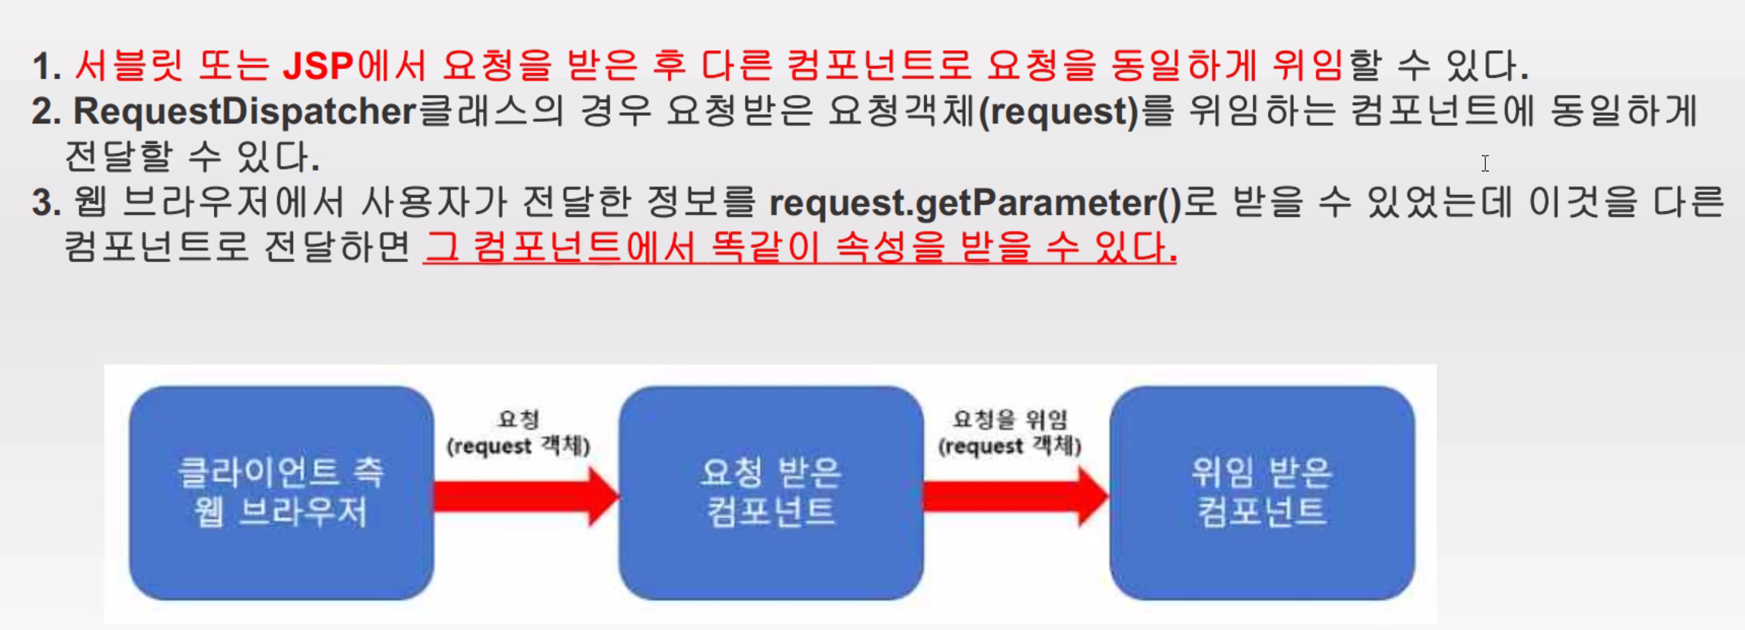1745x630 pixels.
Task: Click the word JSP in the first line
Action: (318, 66)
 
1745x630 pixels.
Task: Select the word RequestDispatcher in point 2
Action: (244, 111)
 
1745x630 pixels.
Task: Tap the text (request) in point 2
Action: (1059, 111)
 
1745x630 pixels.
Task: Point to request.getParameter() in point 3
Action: (975, 203)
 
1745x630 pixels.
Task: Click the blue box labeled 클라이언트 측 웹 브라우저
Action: (281, 493)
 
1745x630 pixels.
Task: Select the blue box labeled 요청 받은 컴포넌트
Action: (771, 493)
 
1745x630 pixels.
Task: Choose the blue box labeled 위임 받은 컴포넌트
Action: (1261, 493)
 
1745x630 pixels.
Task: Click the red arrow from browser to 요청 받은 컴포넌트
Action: (526, 497)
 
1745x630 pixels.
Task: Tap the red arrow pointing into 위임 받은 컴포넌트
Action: (1015, 497)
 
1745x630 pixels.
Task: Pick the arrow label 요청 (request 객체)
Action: (519, 432)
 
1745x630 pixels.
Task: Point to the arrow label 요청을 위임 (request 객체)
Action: (1010, 432)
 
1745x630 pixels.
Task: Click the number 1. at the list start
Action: (46, 66)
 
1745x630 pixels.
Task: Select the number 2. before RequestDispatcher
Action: (46, 112)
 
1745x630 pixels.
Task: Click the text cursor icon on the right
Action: (1485, 163)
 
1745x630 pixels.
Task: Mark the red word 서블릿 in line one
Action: (129, 66)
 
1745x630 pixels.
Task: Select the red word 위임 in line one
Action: (1307, 66)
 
